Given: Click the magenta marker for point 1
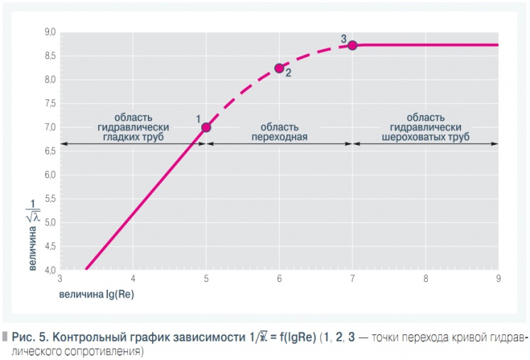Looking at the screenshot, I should (x=207, y=127).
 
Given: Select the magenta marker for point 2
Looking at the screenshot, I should (x=279, y=68).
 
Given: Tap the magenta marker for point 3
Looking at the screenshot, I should (x=352, y=45).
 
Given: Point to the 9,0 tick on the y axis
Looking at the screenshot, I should (x=50, y=33).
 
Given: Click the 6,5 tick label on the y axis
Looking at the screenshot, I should (x=50, y=151).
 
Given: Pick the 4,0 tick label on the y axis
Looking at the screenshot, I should (x=50, y=271).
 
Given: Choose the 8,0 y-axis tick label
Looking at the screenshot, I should (x=50, y=80).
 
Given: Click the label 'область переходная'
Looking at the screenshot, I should (x=279, y=132).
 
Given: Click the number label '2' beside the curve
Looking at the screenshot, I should (x=288, y=72).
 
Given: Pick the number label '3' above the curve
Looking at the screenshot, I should (x=343, y=39).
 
